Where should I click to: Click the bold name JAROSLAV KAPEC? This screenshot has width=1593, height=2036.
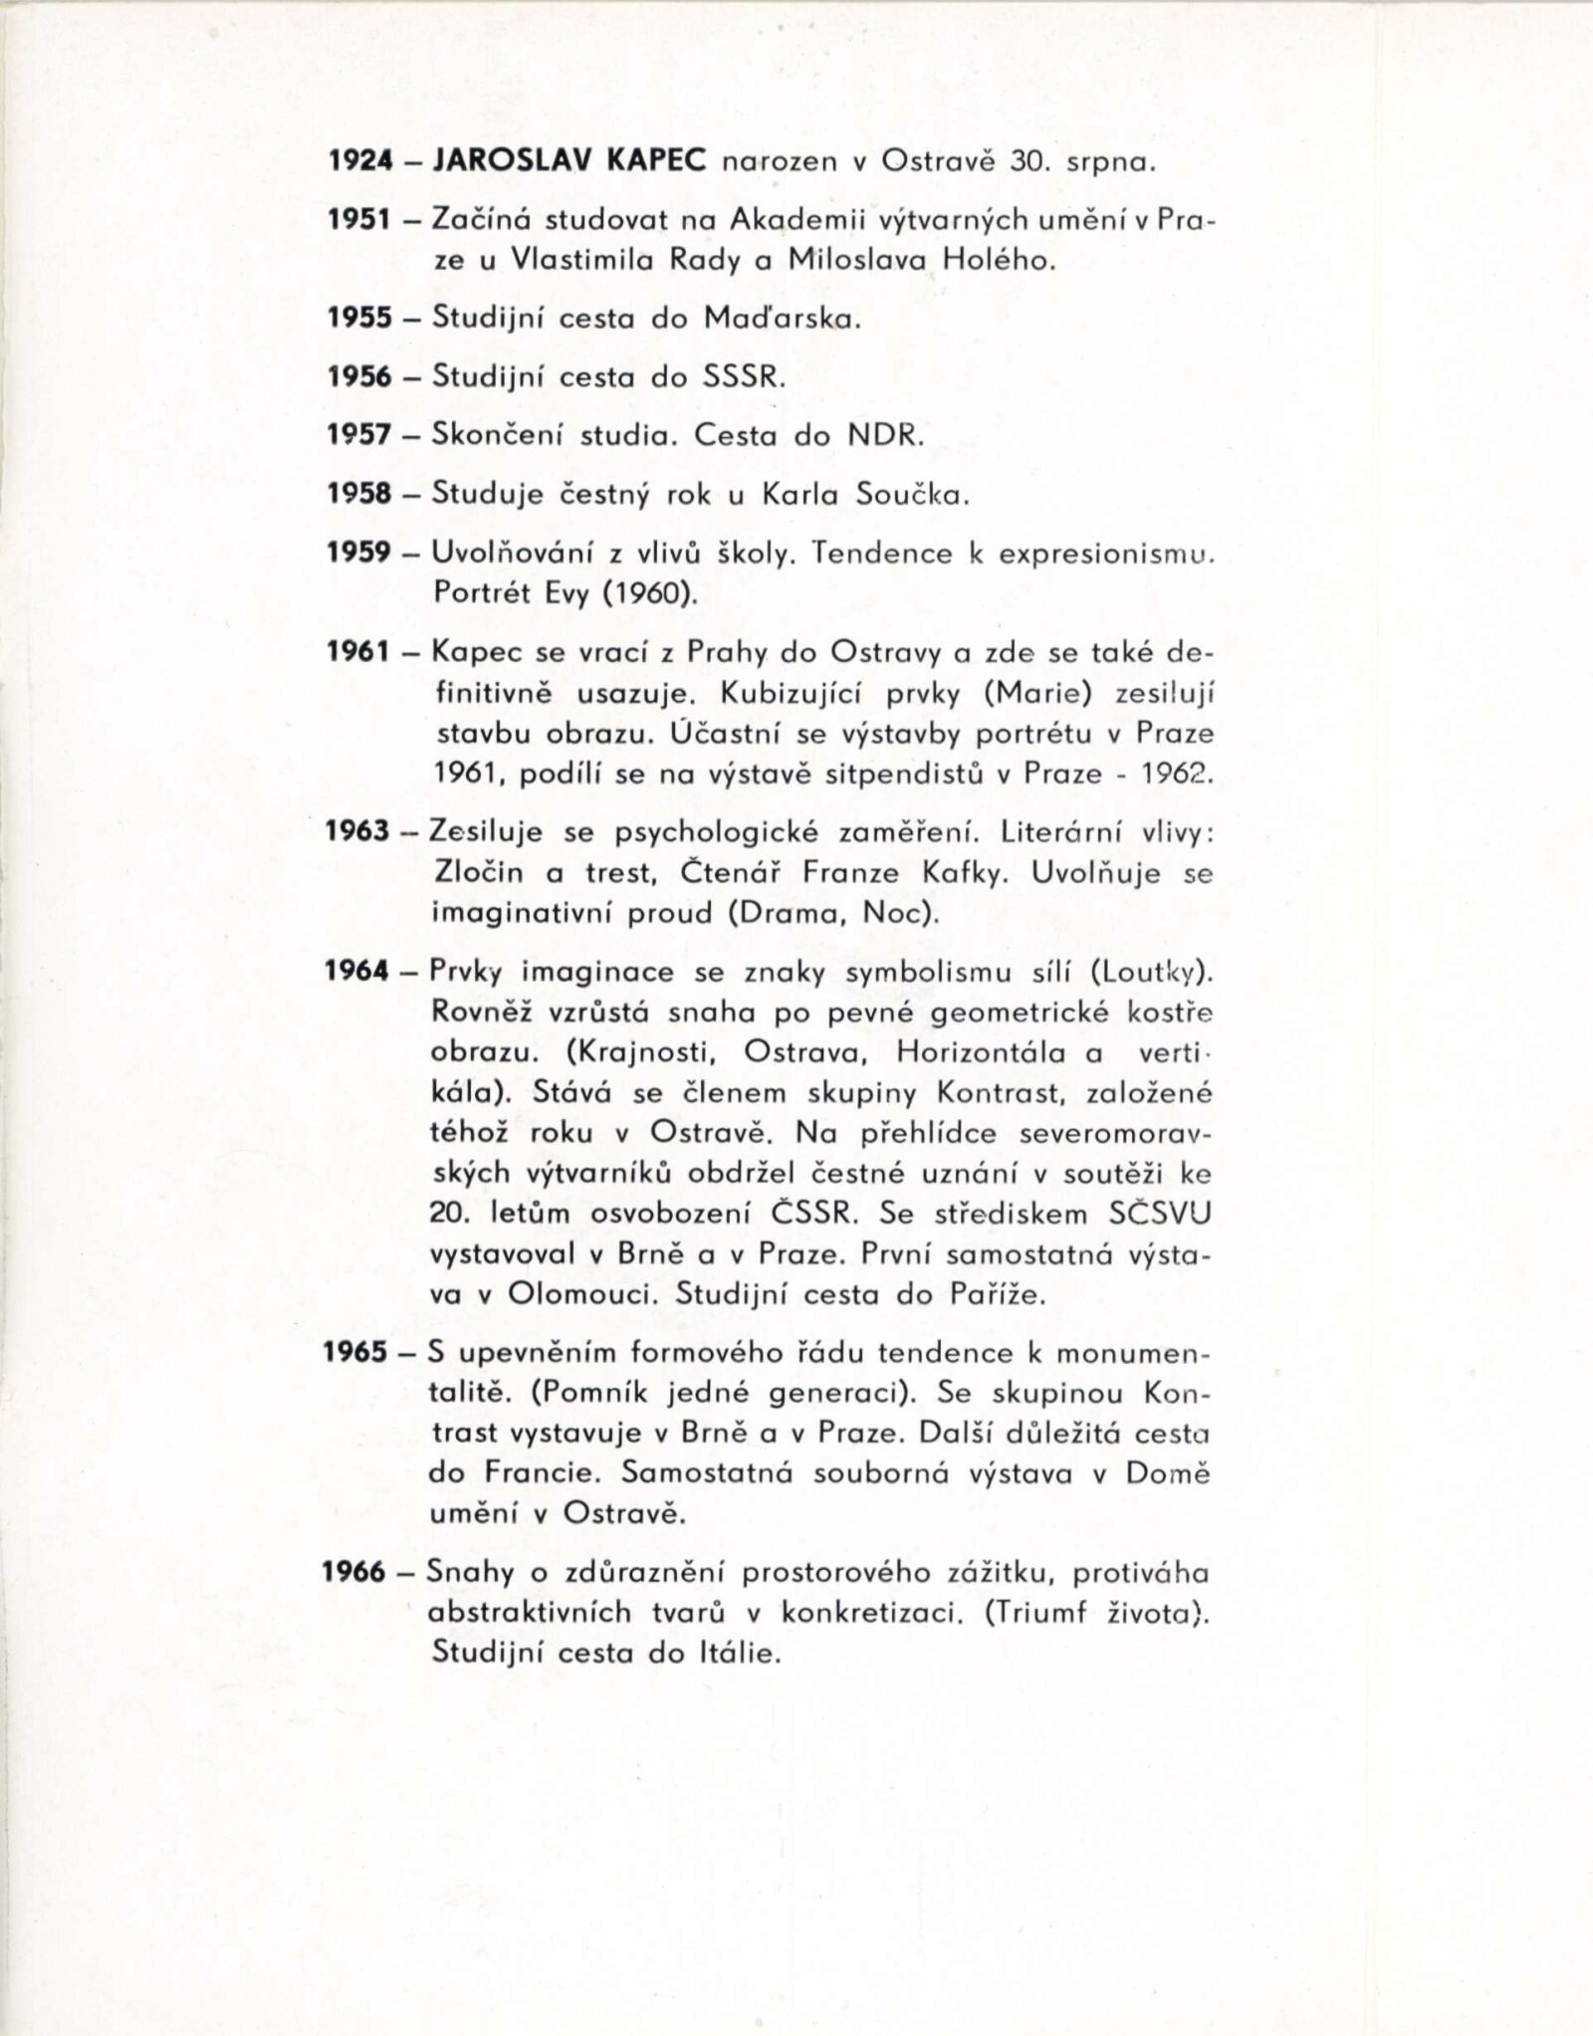click(x=571, y=160)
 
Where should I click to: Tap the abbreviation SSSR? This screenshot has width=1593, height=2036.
click(x=746, y=377)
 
